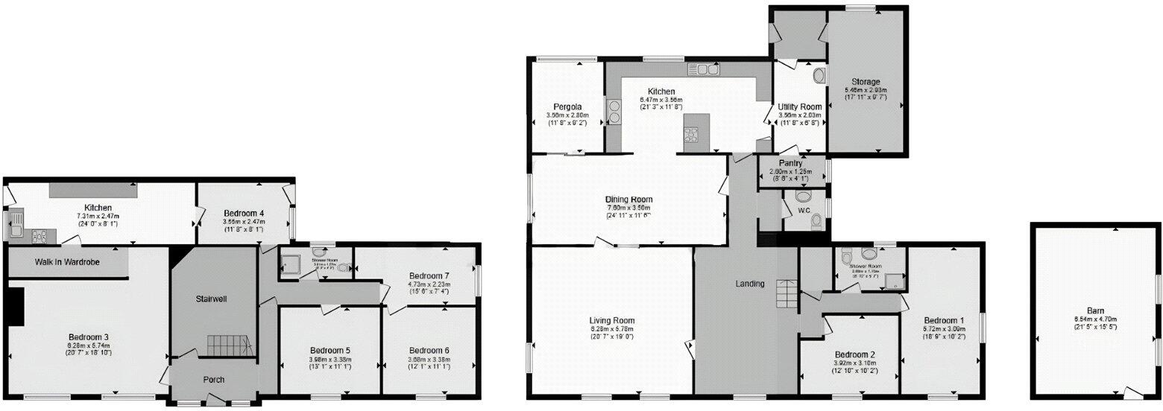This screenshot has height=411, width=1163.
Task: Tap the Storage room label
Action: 867,82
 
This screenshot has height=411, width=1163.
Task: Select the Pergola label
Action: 567,106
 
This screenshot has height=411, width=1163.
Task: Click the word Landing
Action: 749,284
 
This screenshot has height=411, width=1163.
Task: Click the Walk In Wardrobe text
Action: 67,262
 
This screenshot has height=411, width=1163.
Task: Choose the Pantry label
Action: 789,164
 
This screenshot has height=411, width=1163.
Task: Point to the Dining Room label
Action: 628,200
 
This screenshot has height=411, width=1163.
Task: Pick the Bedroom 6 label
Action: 429,350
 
